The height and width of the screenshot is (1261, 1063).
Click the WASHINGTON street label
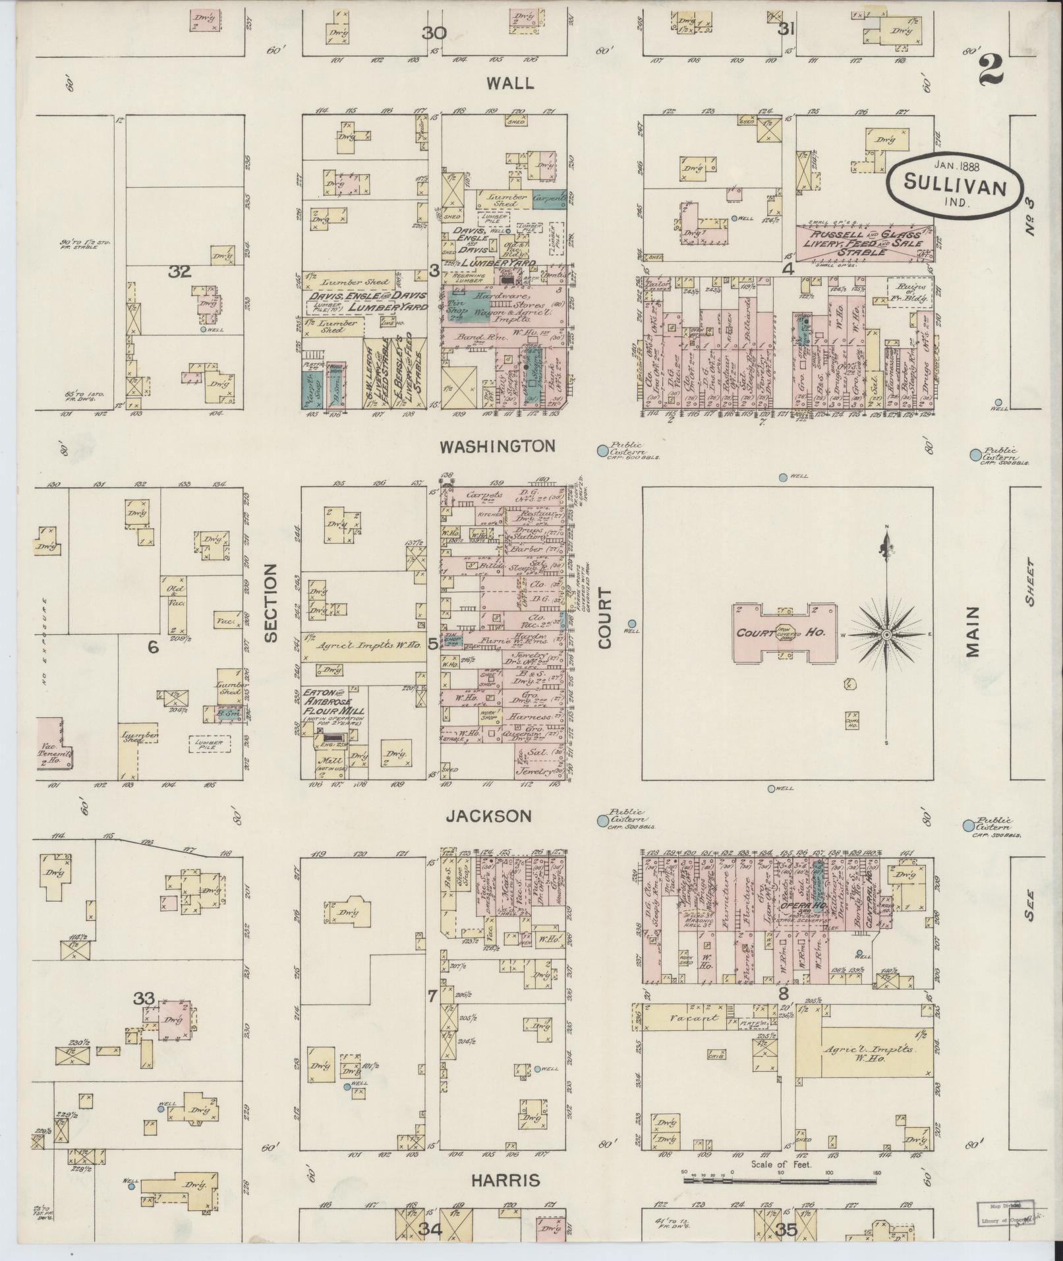point(498,447)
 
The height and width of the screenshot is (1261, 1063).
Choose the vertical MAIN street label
point(973,633)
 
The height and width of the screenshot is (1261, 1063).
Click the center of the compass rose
point(886,634)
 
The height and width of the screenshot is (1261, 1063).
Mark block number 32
point(179,272)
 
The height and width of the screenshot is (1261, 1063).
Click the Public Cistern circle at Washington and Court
point(602,450)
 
